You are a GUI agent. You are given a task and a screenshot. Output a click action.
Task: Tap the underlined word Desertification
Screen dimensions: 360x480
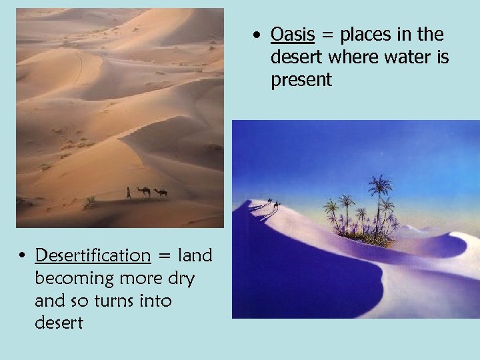pyautogui.click(x=93, y=255)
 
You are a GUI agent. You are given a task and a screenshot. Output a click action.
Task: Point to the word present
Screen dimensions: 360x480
pyautogui.click(x=301, y=81)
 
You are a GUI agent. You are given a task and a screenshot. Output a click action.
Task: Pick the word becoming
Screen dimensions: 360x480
pyautogui.click(x=73, y=279)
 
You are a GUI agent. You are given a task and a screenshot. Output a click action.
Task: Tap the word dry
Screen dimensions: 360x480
pyautogui.click(x=179, y=279)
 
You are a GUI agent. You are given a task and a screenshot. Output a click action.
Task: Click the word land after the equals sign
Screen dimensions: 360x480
pyautogui.click(x=195, y=255)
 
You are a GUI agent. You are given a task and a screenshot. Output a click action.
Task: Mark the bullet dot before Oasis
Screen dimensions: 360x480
pyautogui.click(x=258, y=35)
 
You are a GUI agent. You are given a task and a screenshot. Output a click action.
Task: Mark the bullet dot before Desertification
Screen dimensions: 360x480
pyautogui.click(x=23, y=256)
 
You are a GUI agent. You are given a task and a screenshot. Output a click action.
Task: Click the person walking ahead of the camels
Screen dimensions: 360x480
pyautogui.click(x=129, y=193)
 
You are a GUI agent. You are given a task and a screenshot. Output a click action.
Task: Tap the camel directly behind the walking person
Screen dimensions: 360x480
pyautogui.click(x=143, y=192)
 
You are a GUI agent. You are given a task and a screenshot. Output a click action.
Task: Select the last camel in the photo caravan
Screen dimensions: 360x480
pyautogui.click(x=161, y=193)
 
